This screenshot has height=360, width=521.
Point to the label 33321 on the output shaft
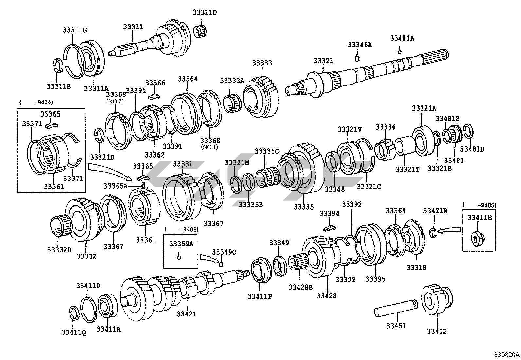323,61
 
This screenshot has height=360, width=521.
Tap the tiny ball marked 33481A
399,52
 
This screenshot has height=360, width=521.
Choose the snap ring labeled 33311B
58,65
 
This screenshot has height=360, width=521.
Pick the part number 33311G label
75,30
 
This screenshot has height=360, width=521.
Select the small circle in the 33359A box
179,257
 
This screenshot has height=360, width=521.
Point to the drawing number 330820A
507,354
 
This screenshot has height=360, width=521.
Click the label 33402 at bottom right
436,331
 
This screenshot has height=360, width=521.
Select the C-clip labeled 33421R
433,232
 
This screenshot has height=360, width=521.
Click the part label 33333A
232,81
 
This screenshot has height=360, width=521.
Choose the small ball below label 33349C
221,264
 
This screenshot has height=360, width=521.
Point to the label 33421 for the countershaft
187,314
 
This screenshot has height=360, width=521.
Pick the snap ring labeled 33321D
100,136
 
